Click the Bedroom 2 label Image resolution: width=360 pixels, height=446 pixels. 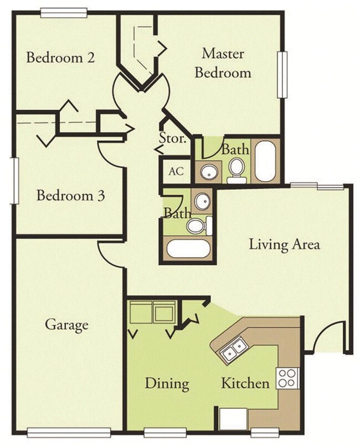(x=60, y=58)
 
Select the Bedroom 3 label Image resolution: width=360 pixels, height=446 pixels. (x=71, y=196)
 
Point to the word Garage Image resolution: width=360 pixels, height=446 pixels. (x=66, y=324)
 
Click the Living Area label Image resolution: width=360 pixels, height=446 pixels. (x=284, y=244)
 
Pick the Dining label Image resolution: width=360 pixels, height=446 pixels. (x=167, y=383)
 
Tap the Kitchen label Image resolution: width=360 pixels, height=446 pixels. (x=245, y=383)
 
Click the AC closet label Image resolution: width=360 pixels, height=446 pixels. (x=176, y=171)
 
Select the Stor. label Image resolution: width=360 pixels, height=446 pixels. (x=173, y=139)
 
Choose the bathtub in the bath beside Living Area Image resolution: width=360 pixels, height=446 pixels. (x=189, y=248)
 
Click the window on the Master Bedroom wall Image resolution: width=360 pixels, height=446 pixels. (x=284, y=75)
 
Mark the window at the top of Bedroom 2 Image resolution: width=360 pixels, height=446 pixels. (x=64, y=11)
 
